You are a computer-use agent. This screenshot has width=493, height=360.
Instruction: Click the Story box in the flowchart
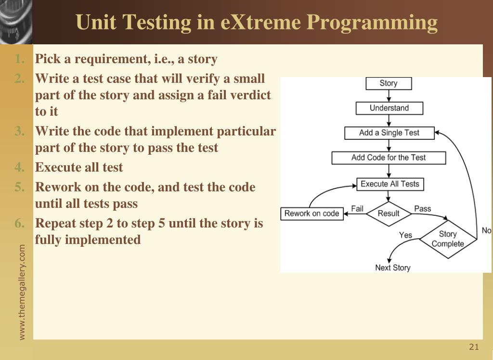(389, 83)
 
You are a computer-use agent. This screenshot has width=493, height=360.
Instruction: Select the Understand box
(389, 108)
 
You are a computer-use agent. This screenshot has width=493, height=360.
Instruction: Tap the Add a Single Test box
(389, 133)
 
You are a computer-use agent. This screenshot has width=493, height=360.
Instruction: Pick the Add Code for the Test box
(389, 158)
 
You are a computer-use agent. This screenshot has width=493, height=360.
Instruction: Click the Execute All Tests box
(390, 184)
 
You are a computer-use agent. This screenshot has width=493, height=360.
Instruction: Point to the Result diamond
(389, 213)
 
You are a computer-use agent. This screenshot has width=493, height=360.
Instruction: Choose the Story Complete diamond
(448, 239)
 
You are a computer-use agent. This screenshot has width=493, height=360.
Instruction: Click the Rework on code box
(312, 213)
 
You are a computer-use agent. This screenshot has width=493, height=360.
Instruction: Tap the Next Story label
(393, 267)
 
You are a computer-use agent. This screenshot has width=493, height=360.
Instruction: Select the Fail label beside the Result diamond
(357, 209)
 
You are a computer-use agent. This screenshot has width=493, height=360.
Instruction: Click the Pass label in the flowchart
(423, 209)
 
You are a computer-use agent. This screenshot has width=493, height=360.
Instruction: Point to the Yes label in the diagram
(405, 235)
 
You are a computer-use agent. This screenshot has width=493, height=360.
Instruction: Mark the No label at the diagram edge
(487, 231)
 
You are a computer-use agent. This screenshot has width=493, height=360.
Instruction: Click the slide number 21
(474, 347)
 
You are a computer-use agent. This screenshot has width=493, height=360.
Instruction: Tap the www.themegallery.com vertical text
(22, 293)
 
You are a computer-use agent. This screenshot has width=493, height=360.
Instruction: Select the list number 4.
(19, 167)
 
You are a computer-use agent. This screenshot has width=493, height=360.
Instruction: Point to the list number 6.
(19, 223)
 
